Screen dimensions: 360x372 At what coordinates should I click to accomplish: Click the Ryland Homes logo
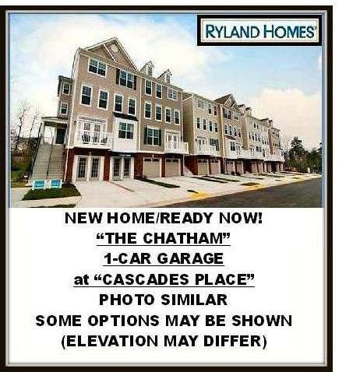coord(259,30)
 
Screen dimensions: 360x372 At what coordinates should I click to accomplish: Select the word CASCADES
coord(146,279)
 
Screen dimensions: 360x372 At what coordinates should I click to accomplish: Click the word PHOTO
coord(127,300)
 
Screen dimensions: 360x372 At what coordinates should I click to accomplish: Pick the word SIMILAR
coord(194,300)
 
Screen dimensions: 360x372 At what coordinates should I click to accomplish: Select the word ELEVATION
coord(112,341)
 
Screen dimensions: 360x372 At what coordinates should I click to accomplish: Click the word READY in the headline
coord(186,218)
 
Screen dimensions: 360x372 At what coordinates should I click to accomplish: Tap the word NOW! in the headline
coord(241,218)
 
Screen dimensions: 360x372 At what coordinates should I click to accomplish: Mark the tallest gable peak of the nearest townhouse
coord(115,38)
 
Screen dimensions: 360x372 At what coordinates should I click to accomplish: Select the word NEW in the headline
coord(83,218)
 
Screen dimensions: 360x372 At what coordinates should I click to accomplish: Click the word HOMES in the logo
coord(289,31)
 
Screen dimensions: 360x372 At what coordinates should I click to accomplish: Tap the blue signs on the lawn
coord(48,184)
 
